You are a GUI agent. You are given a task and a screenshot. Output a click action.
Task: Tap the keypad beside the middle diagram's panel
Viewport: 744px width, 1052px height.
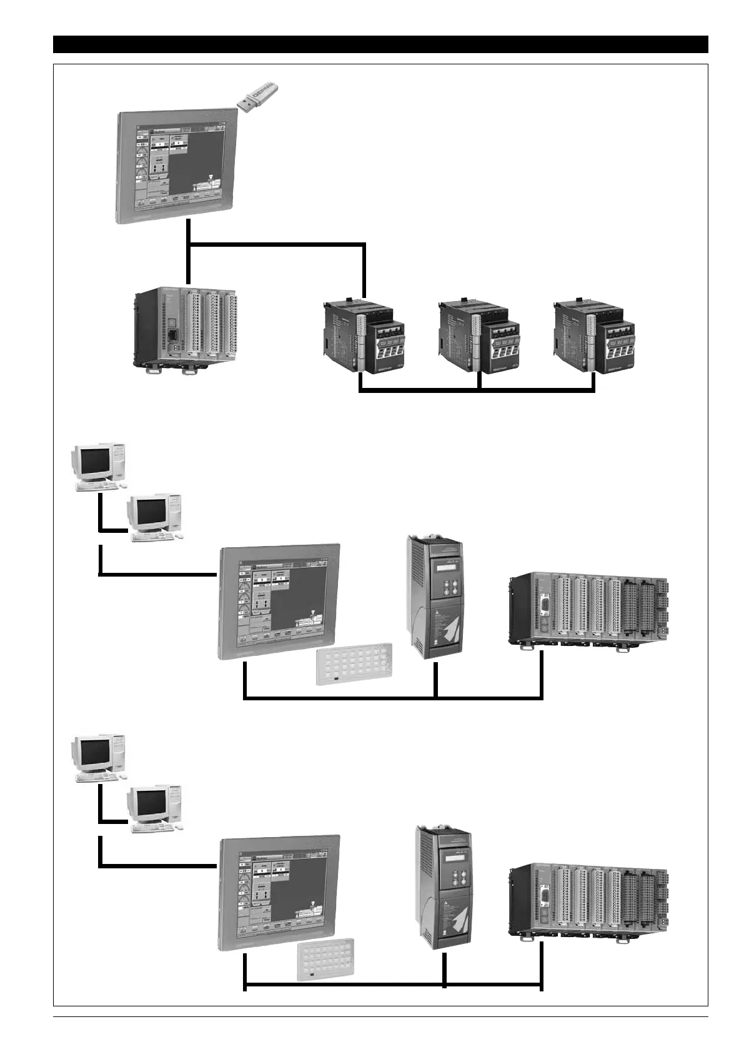point(354,665)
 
